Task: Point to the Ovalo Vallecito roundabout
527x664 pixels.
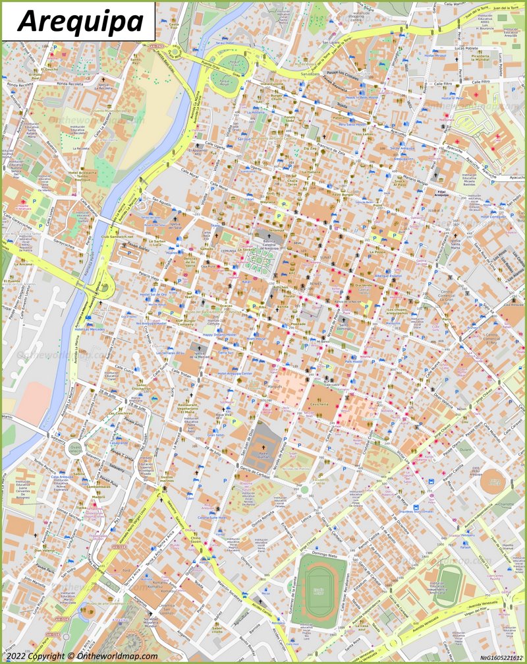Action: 74,451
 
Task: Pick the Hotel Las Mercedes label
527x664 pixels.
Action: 89,328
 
